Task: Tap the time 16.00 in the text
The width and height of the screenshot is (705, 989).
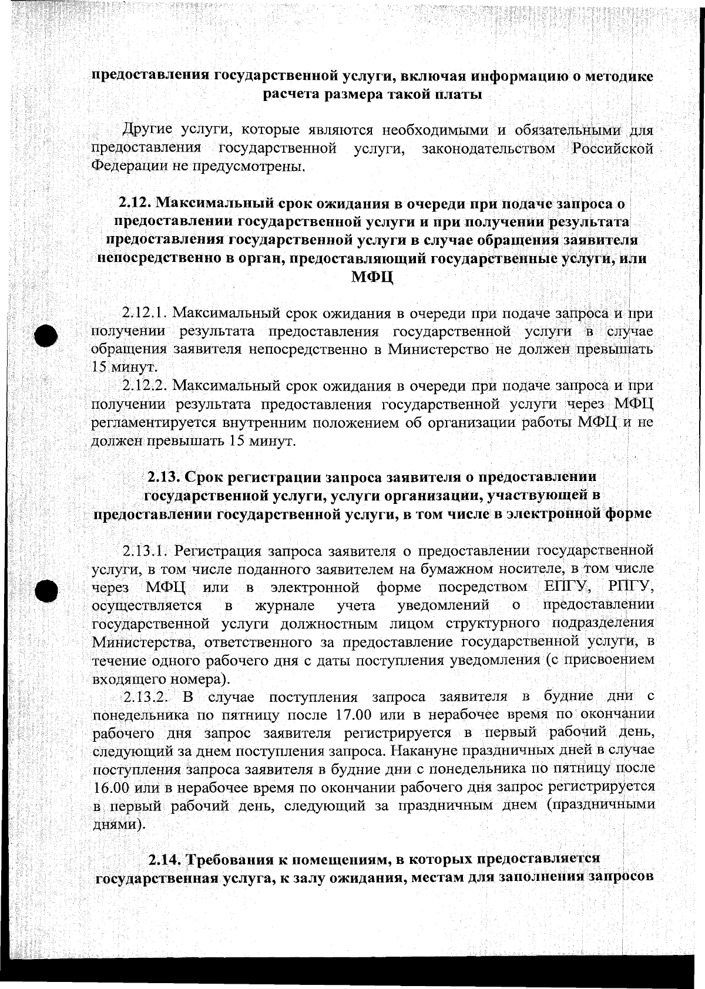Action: pos(113,788)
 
